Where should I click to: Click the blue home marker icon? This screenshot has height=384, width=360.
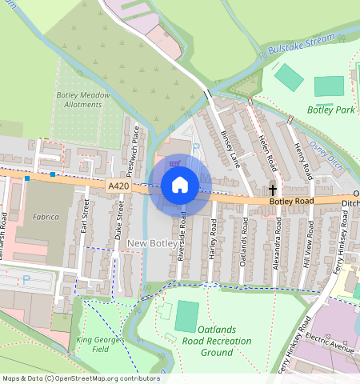click(x=180, y=186)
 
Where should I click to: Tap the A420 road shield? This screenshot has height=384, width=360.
click(x=118, y=185)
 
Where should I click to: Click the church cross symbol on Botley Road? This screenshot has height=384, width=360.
click(x=274, y=190)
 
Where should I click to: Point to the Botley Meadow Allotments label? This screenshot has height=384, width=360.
click(x=84, y=99)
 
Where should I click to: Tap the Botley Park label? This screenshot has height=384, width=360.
click(x=330, y=110)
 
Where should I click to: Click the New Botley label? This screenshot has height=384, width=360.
click(x=151, y=242)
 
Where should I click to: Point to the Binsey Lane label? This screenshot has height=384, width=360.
click(x=230, y=150)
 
